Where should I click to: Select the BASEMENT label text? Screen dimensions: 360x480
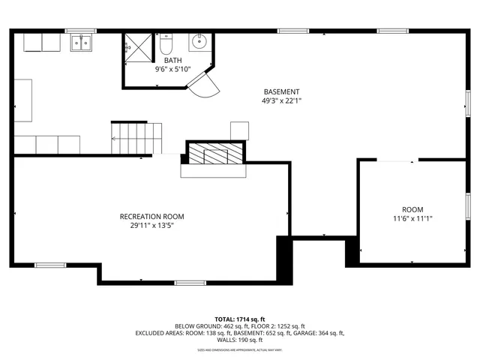coord(281,91)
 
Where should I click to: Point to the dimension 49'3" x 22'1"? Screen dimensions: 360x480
coord(281,100)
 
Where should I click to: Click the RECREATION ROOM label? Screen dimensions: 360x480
coord(151,217)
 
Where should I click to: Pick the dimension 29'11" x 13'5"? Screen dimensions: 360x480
coord(151,226)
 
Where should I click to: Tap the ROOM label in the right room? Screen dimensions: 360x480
coord(412,209)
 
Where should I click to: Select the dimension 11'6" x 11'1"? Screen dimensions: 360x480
coord(412,218)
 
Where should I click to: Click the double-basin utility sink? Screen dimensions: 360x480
coord(82,43)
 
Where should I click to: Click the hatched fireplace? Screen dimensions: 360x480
coord(215,154)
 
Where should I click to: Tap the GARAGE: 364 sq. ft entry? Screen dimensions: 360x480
coord(320,333)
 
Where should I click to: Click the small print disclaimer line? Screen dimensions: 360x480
coord(239,350)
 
